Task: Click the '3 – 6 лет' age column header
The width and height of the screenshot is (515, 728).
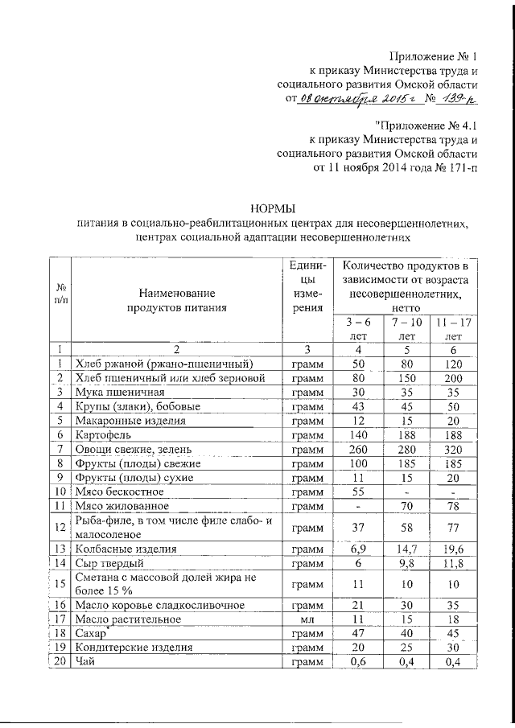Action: click(358, 329)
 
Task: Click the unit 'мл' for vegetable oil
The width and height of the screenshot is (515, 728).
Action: click(307, 620)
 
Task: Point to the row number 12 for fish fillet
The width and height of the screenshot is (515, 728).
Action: click(60, 528)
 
